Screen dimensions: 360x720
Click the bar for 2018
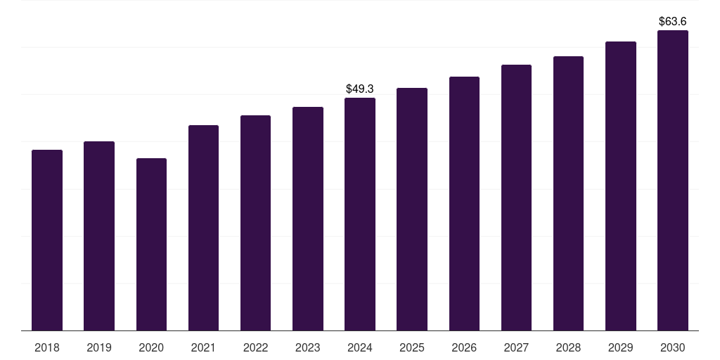(x=47, y=240)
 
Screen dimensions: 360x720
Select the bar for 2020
(x=151, y=244)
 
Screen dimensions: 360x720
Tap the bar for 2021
(x=203, y=228)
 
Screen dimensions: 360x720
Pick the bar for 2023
(x=308, y=219)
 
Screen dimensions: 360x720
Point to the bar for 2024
(x=360, y=214)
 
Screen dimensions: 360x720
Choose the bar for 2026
(x=464, y=203)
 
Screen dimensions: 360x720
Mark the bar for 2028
(x=568, y=193)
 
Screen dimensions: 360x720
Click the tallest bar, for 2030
(x=673, y=180)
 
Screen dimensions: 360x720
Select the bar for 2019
(x=99, y=236)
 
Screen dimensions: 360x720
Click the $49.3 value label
(x=360, y=89)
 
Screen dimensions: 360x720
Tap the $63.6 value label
(x=673, y=22)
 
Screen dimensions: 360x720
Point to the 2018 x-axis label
(x=47, y=347)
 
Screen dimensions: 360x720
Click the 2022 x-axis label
(x=255, y=347)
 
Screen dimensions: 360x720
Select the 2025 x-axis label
(x=412, y=347)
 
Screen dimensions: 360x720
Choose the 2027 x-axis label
(x=516, y=347)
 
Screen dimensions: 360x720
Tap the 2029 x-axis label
(x=620, y=347)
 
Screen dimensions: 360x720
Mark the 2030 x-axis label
(x=673, y=347)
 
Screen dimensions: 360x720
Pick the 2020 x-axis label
(x=151, y=347)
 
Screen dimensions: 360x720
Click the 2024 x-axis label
(x=360, y=347)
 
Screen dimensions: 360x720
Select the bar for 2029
(x=620, y=186)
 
